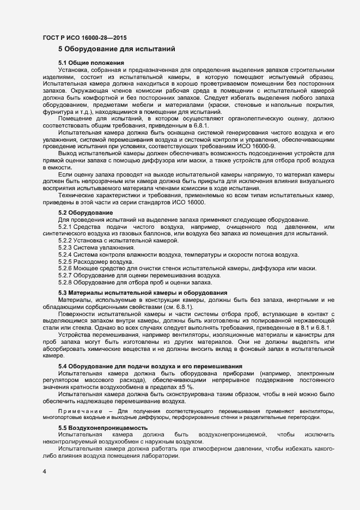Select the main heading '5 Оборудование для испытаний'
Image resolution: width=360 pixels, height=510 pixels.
coord(116,50)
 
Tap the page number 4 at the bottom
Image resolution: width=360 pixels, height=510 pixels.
coord(44,470)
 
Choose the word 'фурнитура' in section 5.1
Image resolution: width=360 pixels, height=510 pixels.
coord(59,111)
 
